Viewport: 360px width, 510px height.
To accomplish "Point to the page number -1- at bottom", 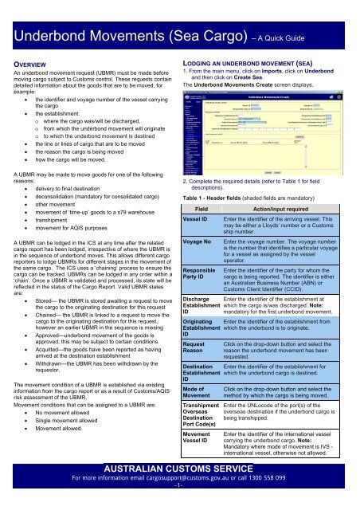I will pos(179,507).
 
